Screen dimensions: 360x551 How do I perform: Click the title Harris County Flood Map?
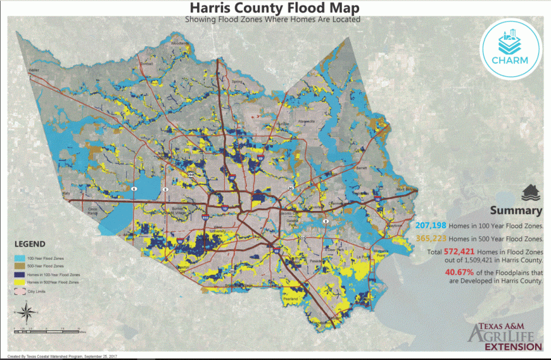point(273,8)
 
